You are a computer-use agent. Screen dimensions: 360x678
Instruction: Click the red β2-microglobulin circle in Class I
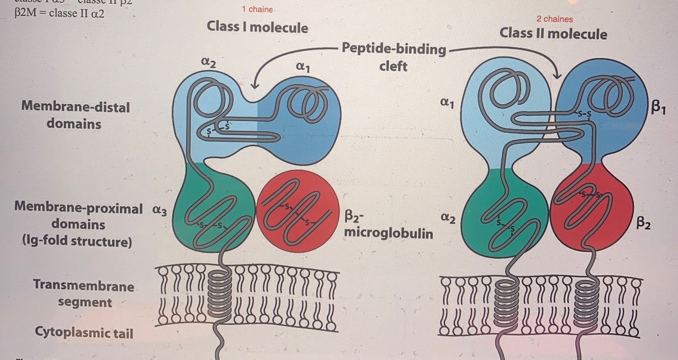coord(298,211)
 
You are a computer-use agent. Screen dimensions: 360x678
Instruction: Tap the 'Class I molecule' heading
coord(257,27)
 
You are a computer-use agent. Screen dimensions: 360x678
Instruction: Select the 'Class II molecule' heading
coord(553,34)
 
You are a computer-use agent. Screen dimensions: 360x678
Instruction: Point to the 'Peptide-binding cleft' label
coord(393,57)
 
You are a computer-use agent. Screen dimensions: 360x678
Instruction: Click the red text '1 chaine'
coord(257,10)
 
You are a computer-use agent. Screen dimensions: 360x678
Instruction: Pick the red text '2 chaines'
coord(554,19)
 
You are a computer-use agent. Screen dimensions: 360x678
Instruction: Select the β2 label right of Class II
coord(643,223)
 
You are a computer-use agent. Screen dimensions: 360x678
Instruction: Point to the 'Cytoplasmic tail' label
coord(84,333)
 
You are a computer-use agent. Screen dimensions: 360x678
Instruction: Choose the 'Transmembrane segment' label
coord(84,294)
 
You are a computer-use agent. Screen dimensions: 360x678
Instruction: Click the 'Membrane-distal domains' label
coord(75,115)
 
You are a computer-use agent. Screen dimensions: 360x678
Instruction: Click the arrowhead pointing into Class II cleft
coord(557,75)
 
